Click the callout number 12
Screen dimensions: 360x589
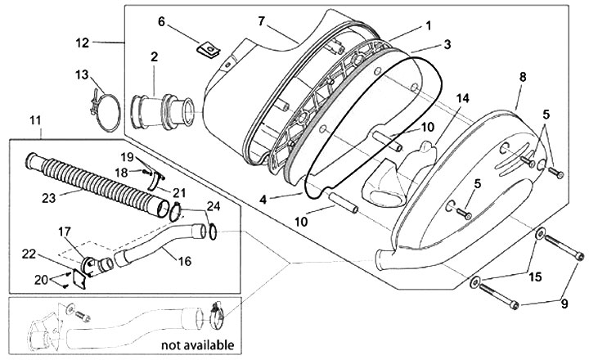(82, 41)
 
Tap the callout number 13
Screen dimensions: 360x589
(82, 74)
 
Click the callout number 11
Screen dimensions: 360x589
(35, 121)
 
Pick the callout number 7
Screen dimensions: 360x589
(237, 20)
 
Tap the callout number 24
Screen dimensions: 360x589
(213, 205)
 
